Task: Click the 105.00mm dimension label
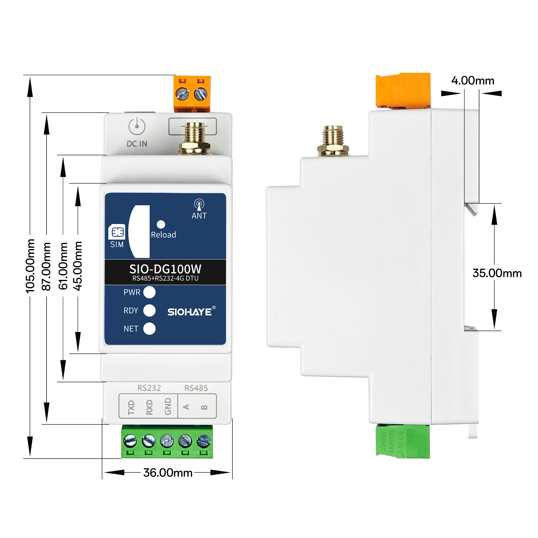click(x=30, y=266)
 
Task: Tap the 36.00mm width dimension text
click(x=168, y=473)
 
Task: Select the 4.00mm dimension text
click(x=473, y=81)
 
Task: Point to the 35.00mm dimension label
click(x=497, y=273)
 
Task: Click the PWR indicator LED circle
click(x=149, y=292)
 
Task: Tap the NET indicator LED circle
click(x=149, y=329)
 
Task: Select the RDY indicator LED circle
click(x=149, y=310)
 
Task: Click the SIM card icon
click(x=117, y=232)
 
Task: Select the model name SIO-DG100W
click(x=165, y=269)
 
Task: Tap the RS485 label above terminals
click(x=196, y=388)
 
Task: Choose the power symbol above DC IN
click(x=137, y=126)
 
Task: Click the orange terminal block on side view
click(x=403, y=90)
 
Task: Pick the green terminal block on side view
click(x=403, y=441)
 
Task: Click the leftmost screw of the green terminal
click(x=130, y=441)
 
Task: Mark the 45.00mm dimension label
click(x=78, y=266)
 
